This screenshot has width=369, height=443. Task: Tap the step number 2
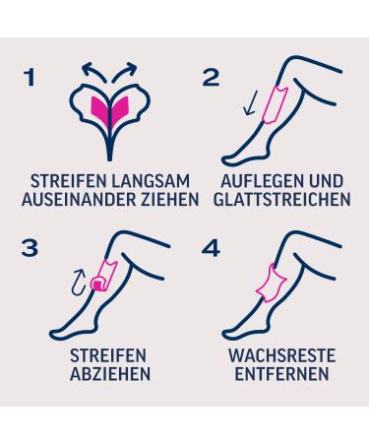[212, 78]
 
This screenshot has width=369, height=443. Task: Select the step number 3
[30, 248]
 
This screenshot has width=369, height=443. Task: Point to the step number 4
[211, 248]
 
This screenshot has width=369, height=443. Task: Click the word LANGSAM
[151, 181]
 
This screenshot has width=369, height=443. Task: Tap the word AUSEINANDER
[78, 199]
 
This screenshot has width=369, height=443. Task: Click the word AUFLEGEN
[258, 181]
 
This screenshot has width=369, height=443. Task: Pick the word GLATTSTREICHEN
[282, 199]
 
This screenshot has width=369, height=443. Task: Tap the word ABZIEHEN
[110, 374]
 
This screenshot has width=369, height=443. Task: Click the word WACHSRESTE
[282, 355]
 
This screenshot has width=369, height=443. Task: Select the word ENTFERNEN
[281, 374]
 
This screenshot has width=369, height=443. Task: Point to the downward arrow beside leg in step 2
[251, 102]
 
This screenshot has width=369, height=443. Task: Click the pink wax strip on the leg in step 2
[275, 103]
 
